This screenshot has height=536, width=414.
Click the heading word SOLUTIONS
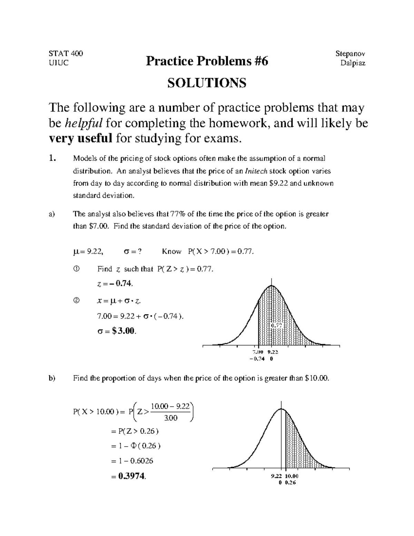click(207, 83)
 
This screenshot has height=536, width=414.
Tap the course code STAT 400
click(66, 53)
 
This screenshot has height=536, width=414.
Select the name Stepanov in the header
click(350, 53)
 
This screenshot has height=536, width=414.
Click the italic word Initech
click(256, 171)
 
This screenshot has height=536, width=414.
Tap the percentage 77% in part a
click(178, 214)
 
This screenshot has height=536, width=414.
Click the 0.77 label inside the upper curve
click(276, 325)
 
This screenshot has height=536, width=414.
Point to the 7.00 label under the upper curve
click(258, 352)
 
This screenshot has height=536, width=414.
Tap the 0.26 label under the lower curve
click(290, 483)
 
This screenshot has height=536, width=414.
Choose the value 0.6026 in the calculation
click(141, 461)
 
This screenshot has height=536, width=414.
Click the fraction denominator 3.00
click(170, 418)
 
